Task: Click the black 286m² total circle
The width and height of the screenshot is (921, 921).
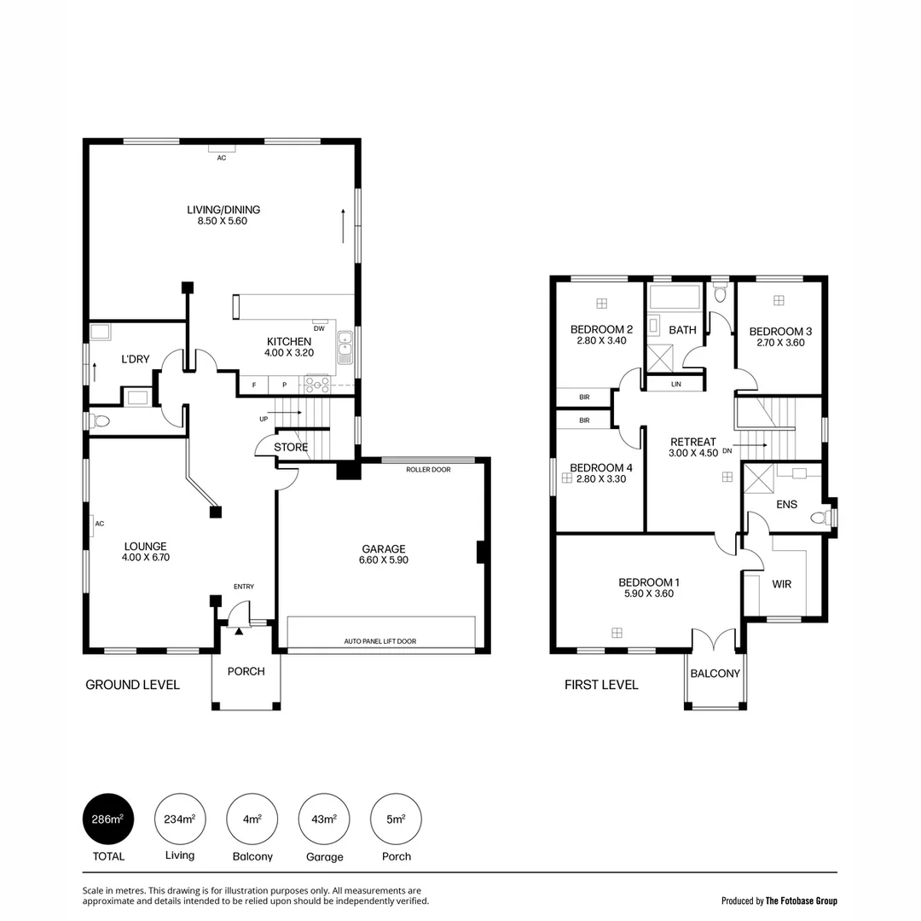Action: click(107, 820)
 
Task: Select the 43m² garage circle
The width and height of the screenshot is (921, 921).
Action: click(324, 820)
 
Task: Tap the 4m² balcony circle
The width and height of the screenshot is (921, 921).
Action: click(252, 820)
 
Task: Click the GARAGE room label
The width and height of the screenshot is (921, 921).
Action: click(384, 549)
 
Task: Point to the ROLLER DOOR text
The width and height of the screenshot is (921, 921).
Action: click(428, 469)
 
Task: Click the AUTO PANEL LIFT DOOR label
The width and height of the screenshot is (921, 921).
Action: click(380, 641)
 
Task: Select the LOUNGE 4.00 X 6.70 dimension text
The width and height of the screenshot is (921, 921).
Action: click(145, 558)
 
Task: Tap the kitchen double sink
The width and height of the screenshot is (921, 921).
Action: click(345, 347)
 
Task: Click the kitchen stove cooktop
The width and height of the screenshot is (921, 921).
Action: click(317, 385)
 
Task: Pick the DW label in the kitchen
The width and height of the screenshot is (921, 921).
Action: click(319, 328)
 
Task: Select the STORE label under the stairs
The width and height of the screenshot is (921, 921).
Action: click(291, 447)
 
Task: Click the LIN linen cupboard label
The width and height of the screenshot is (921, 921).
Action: click(676, 385)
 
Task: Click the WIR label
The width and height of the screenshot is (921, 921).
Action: click(782, 585)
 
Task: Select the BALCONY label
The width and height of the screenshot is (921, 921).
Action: click(715, 674)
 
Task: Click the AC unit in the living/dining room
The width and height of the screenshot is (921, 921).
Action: click(222, 149)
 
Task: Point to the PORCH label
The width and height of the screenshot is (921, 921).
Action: click(246, 671)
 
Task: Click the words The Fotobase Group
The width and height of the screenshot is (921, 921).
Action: click(801, 901)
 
